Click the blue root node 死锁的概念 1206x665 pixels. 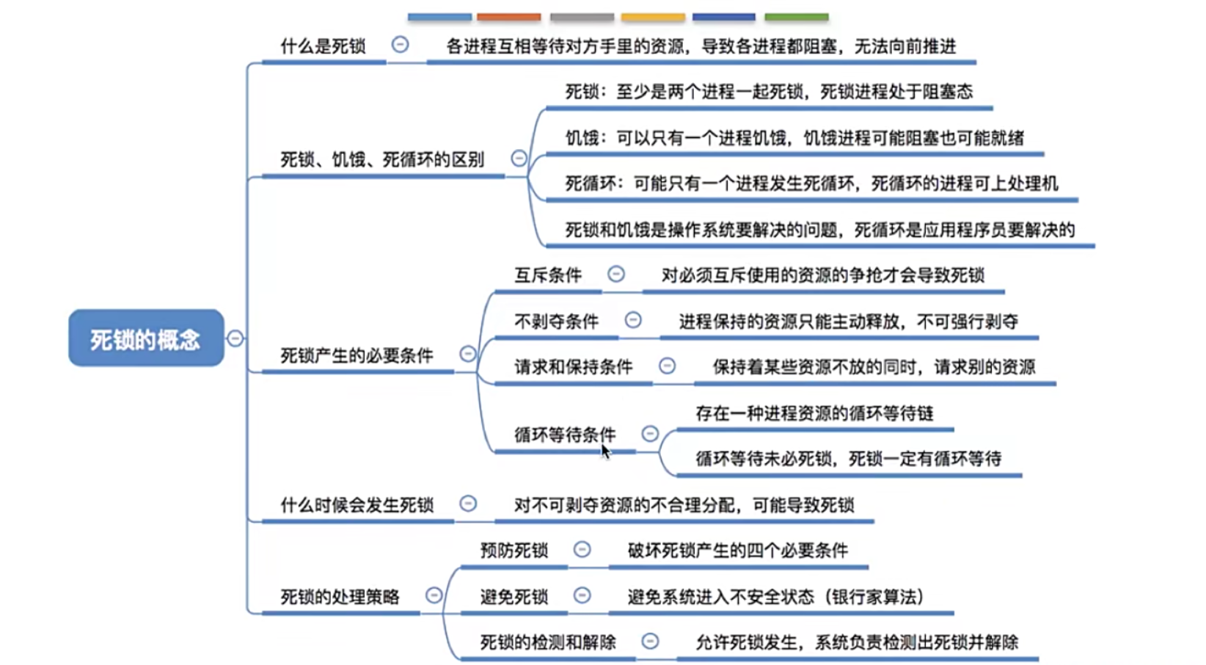click(146, 338)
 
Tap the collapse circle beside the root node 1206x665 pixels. click(235, 338)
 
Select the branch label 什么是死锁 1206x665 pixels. click(323, 47)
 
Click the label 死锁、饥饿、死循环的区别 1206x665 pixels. click(382, 160)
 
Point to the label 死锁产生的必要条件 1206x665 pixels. click(357, 356)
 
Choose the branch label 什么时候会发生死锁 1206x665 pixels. click(357, 505)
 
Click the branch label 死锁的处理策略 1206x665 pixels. click(340, 597)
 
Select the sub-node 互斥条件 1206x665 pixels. click(548, 275)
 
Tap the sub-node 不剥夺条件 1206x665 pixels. click(556, 321)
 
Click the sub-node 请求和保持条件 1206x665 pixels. click(573, 367)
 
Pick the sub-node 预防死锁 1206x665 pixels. click(514, 550)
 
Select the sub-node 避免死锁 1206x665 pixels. click(514, 597)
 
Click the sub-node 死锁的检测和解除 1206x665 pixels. click(548, 643)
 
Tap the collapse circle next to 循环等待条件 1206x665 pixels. click(650, 434)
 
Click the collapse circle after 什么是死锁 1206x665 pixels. click(400, 45)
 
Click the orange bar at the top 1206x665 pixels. click(508, 17)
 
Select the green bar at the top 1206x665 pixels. click(796, 17)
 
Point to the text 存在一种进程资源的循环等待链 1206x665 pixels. click(814, 414)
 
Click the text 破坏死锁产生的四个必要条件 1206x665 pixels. click(737, 550)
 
